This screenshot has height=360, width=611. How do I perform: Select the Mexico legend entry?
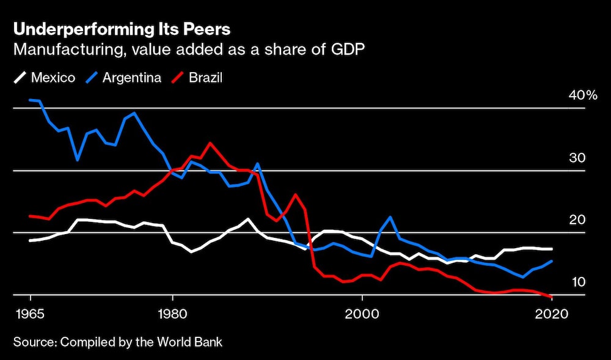click(x=45, y=78)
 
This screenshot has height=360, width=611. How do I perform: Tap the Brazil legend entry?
click(x=198, y=78)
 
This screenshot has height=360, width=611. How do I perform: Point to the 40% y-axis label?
click(x=582, y=95)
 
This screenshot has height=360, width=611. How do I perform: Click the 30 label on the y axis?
click(x=577, y=158)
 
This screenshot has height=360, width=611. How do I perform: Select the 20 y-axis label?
click(x=577, y=220)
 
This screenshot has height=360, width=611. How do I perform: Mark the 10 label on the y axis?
click(x=577, y=282)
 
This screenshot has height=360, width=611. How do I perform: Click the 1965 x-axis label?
click(x=30, y=314)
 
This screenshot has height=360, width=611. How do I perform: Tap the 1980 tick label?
click(x=173, y=314)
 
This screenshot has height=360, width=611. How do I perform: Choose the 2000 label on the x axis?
click(x=362, y=314)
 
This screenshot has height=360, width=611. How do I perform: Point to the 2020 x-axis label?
click(x=552, y=314)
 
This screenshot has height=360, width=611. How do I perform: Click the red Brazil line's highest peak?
click(x=210, y=143)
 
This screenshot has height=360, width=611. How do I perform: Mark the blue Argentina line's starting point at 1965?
click(x=30, y=100)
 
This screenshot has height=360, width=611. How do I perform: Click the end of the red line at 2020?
click(x=552, y=297)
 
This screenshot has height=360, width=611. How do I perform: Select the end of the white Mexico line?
click(x=552, y=249)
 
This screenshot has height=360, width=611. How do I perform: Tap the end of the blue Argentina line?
click(x=552, y=261)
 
